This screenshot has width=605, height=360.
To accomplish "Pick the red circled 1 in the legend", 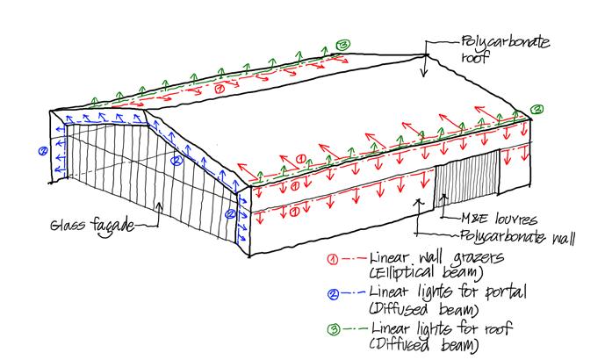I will click(x=335, y=261).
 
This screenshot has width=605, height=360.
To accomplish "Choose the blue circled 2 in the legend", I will click(x=334, y=294).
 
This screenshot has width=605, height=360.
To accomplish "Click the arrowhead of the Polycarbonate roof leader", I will click(x=424, y=75).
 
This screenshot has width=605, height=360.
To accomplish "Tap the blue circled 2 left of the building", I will click(x=41, y=151).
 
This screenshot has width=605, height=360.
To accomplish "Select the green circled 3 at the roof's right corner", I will click(x=537, y=109).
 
